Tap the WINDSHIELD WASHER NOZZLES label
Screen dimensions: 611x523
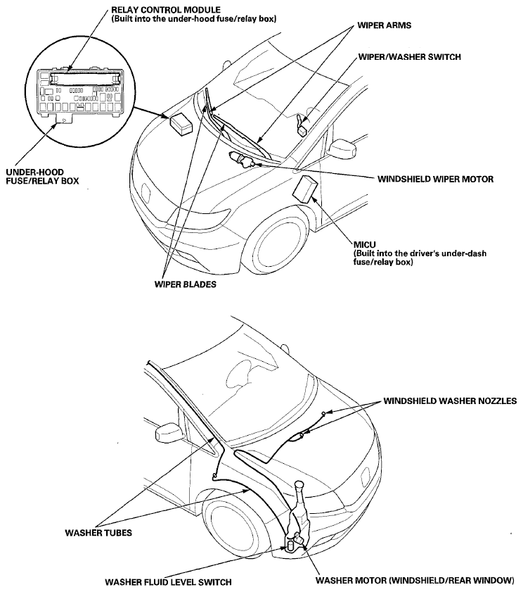[450, 401]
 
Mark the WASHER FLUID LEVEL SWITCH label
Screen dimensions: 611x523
[168, 582]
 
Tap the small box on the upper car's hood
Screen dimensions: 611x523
[182, 124]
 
